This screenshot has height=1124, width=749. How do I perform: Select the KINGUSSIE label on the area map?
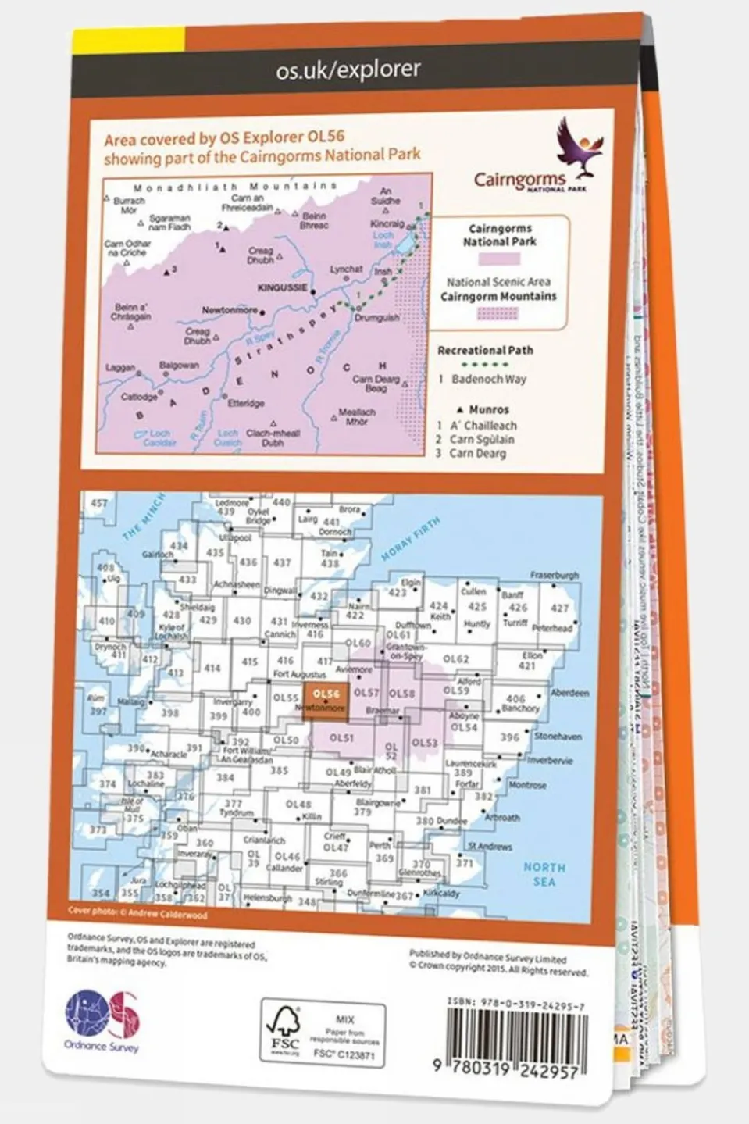(x=282, y=287)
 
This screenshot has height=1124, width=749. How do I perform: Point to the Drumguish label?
(x=376, y=318)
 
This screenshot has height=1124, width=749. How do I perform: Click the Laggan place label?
(x=120, y=367)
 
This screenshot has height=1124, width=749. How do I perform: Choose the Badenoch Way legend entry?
(x=488, y=379)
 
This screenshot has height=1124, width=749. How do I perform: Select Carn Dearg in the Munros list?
(x=477, y=453)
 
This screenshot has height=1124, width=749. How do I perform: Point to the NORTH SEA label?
(x=544, y=874)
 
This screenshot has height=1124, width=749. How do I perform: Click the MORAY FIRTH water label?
(x=411, y=538)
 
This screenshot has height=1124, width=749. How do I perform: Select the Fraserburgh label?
(x=555, y=576)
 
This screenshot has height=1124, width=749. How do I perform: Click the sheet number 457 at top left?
(x=99, y=504)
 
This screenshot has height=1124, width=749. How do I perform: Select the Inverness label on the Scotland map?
(x=309, y=625)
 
